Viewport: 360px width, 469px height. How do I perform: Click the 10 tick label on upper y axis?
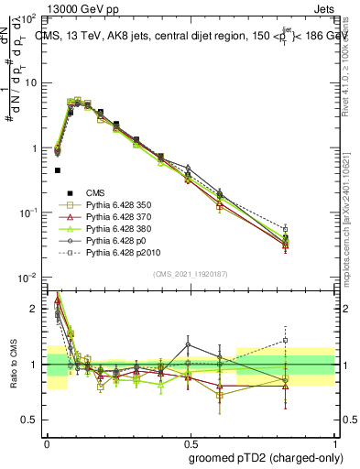[29, 83]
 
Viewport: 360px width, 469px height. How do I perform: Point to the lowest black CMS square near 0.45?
[57, 170]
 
